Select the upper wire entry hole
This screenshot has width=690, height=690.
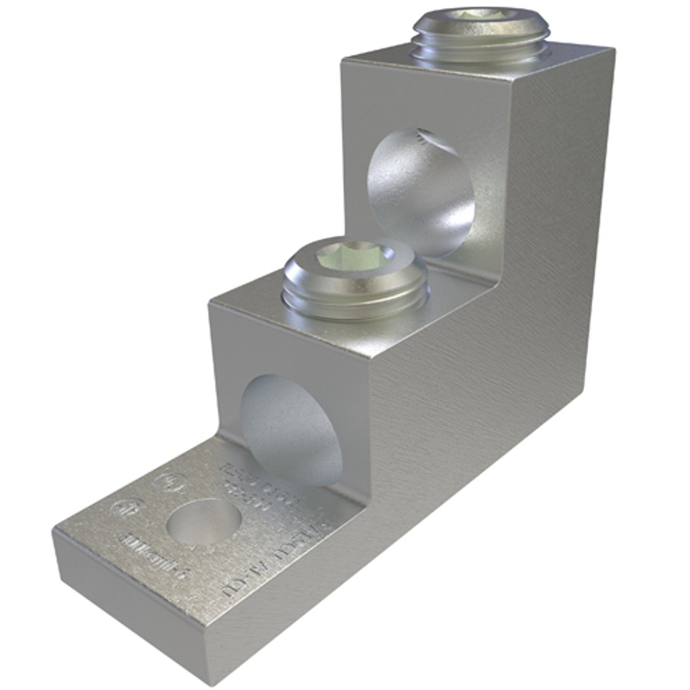420,193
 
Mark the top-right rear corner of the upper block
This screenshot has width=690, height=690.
614,51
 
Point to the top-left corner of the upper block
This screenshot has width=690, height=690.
343,59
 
